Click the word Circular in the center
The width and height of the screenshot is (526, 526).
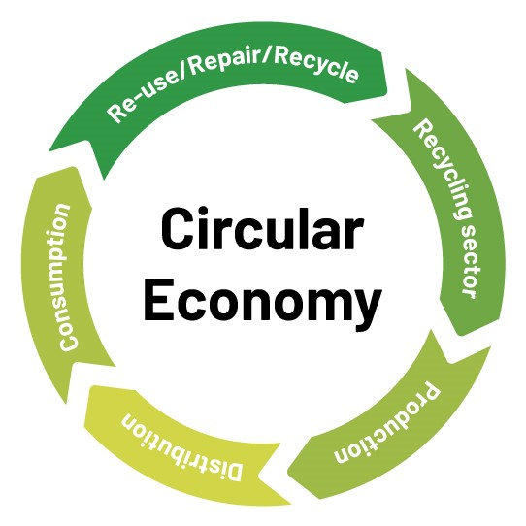tap(262, 229)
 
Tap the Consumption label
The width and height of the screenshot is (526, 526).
tap(64, 278)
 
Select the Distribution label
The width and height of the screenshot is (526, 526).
tap(181, 446)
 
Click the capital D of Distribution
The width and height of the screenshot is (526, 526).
tap(232, 470)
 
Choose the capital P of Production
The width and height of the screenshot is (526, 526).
tap(430, 393)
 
